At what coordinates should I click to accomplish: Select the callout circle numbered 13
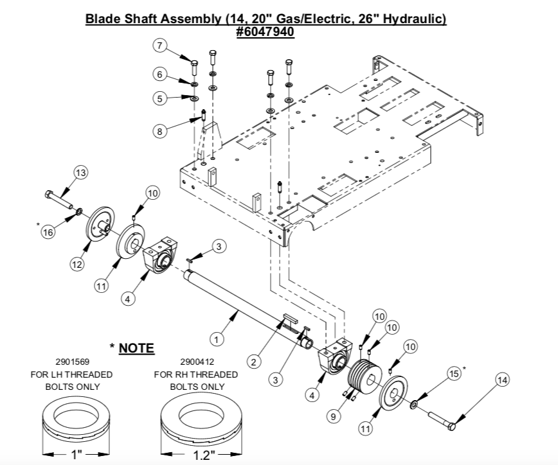[80, 173]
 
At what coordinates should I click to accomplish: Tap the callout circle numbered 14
[502, 380]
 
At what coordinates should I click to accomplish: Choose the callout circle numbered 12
[76, 263]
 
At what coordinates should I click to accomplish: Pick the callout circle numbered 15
[454, 374]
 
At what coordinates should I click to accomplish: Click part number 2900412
[197, 362]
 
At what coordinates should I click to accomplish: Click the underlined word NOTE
[136, 348]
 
